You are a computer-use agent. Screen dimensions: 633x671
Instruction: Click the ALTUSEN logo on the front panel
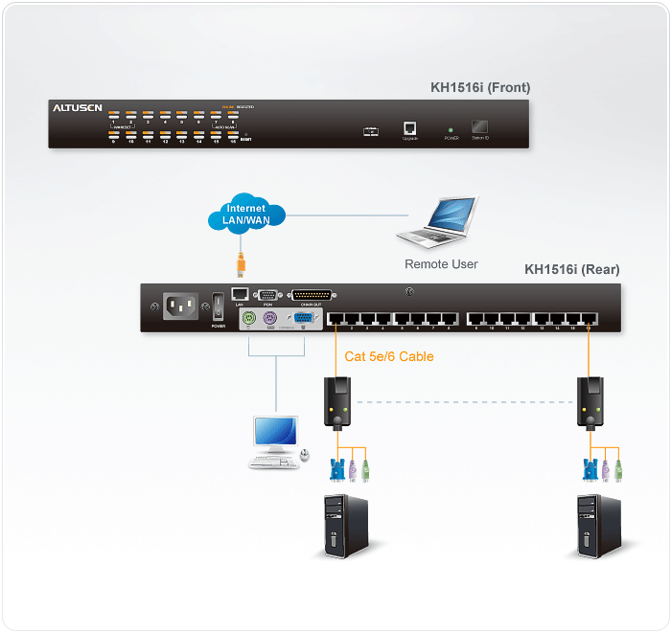tap(76, 108)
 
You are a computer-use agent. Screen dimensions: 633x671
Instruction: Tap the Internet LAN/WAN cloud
tap(245, 215)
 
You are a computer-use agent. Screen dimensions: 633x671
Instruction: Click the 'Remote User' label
tap(441, 264)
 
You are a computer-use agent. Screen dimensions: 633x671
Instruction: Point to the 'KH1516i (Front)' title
tap(480, 88)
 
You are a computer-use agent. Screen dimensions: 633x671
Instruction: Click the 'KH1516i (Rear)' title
tap(571, 270)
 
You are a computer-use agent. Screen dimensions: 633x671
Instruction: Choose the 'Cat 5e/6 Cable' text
tap(389, 356)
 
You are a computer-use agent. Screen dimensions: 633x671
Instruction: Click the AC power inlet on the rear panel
tap(181, 306)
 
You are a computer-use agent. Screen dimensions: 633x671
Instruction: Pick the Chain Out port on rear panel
tap(307, 297)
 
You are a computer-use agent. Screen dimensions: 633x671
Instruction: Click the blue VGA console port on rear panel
tap(301, 319)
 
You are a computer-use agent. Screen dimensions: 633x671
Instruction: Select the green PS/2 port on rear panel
tap(249, 319)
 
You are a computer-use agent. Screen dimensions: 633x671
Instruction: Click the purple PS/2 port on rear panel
tap(271, 319)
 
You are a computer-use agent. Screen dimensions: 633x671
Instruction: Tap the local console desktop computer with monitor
tap(275, 442)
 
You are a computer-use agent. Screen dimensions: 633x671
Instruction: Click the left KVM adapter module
tap(337, 402)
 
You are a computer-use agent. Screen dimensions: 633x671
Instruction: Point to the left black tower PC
tap(337, 525)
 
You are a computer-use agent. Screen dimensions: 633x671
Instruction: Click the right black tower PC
tap(593, 525)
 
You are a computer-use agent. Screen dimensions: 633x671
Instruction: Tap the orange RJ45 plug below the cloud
tap(242, 262)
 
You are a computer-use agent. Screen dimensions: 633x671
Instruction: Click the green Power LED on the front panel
tap(451, 127)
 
